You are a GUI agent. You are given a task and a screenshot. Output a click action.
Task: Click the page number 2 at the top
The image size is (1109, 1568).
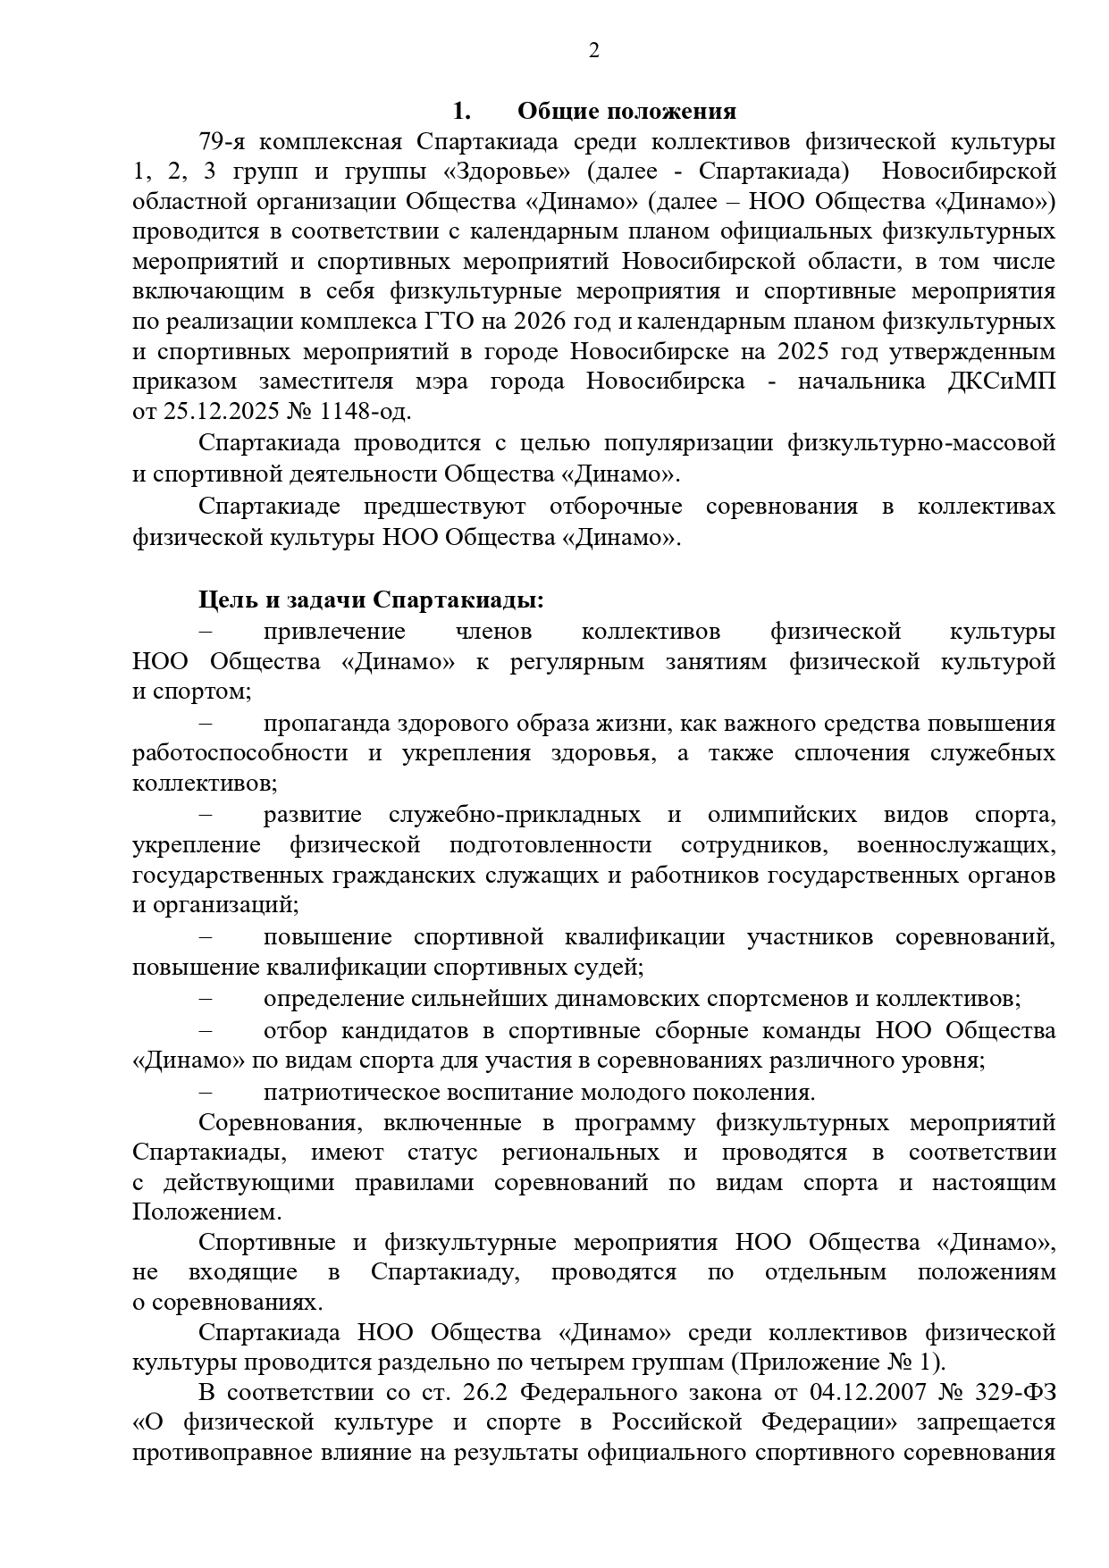[x=594, y=50]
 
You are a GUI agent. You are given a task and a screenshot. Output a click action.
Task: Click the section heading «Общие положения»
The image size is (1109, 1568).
[x=626, y=112]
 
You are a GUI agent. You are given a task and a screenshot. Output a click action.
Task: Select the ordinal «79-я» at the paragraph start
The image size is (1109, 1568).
[x=223, y=142]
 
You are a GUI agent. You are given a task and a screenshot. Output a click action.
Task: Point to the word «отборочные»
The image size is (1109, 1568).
[x=616, y=507]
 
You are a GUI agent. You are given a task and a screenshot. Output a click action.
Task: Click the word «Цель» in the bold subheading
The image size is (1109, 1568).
[x=228, y=600]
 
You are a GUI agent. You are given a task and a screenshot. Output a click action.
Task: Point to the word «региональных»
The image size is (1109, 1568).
[x=580, y=1153]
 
